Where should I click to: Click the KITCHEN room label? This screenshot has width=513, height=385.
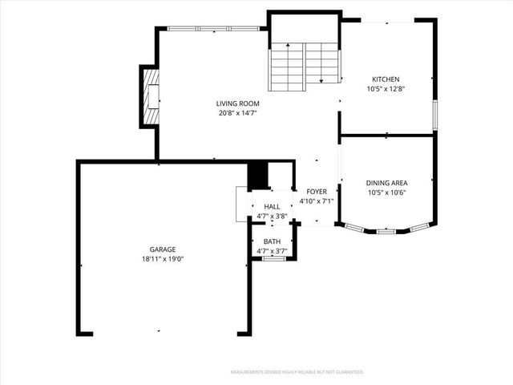coord(385,79)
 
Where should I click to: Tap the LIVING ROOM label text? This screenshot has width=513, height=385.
coord(237,103)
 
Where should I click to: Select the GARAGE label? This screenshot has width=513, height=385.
coord(162,249)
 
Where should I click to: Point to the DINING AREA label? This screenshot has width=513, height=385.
coord(386,183)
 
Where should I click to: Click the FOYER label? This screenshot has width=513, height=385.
coord(316,192)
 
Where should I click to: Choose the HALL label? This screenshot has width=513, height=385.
coord(272,207)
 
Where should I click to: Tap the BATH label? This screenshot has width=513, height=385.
coord(273,241)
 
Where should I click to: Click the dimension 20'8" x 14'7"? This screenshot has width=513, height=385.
coord(237,113)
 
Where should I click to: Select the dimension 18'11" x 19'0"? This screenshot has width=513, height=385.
coord(162,259)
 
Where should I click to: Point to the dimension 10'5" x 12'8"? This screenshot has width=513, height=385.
coord(385,89)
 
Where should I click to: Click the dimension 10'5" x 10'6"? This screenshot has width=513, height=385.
coord(386,192)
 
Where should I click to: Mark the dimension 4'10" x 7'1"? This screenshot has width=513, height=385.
coord(316,201)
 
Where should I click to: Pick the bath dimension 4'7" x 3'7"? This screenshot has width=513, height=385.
coord(273,251)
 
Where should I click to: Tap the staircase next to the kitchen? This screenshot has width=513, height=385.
coord(304,64)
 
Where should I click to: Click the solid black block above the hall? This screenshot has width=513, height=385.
coord(257,175)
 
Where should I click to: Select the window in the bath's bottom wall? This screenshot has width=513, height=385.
coord(274,258)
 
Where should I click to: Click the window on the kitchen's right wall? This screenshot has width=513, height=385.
coord(435,114)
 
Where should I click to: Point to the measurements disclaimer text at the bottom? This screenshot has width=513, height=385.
coord(297,372)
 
